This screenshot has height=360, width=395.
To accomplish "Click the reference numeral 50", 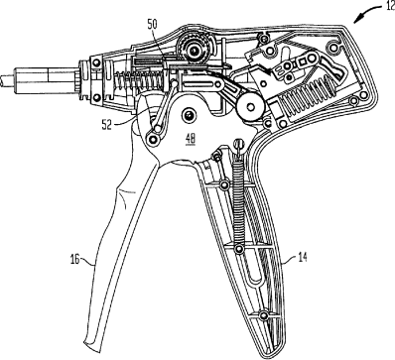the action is [x=153, y=24].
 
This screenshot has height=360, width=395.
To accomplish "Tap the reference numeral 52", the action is [x=107, y=125].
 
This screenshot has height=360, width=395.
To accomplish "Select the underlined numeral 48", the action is [x=191, y=139].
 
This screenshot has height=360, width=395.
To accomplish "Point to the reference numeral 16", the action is [x=75, y=259].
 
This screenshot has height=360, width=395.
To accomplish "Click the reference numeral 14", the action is [x=302, y=257].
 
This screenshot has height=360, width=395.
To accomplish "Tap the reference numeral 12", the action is [x=390, y=6].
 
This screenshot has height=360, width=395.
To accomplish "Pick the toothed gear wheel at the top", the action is [x=192, y=50].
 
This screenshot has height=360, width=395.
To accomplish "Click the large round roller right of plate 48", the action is [x=250, y=106].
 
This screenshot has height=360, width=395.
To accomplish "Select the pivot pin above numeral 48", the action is [x=190, y=115].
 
